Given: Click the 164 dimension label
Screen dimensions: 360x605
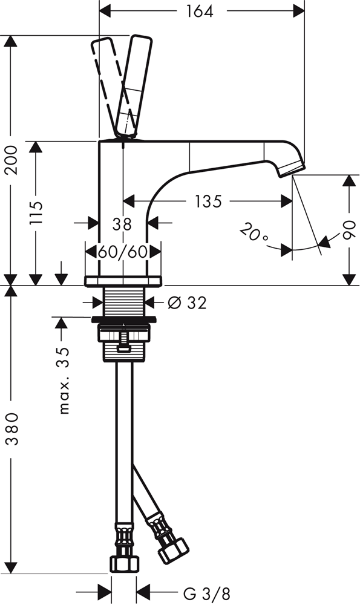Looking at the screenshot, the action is pos(200,11).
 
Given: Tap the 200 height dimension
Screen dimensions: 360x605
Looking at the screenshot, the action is pos(11,160).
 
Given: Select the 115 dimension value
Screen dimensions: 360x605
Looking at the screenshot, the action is pos(36,212).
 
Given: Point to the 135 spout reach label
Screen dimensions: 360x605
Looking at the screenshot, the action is pos(208,201).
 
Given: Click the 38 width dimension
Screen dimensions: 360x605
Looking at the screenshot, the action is pos(122,224).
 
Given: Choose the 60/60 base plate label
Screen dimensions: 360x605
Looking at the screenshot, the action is pos(123,252).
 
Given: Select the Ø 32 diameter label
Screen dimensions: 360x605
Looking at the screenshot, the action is pos(188,303).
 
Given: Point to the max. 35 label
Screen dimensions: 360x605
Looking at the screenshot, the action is pos(64,380).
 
